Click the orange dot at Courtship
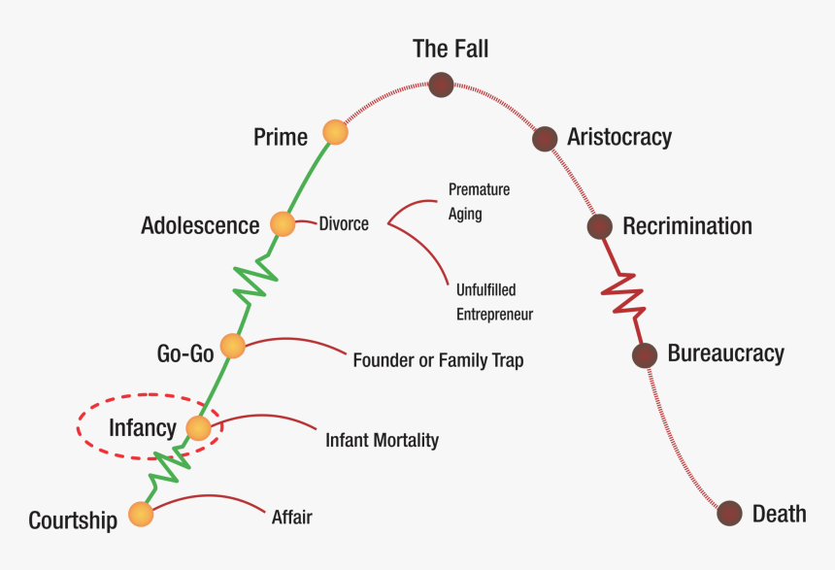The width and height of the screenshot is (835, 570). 141,515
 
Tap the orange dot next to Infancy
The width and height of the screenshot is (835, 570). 198,427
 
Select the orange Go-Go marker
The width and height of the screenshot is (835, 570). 232,346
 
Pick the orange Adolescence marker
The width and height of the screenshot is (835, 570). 282,224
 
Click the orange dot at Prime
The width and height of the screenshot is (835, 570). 335,132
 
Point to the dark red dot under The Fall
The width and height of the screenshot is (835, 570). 442,84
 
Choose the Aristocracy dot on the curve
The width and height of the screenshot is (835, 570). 545,138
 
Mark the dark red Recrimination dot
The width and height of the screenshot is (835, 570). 600,226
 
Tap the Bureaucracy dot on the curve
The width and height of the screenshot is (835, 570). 644,355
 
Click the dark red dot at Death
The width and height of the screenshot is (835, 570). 729,514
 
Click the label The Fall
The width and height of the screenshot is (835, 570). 451,48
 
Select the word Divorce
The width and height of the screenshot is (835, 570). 344,224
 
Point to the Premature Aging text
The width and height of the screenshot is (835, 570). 478,201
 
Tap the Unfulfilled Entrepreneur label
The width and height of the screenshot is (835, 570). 494,302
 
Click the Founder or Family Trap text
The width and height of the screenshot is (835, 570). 438,360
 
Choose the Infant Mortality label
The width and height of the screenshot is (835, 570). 382,440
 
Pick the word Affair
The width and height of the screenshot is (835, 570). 291,517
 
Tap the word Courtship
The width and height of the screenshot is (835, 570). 73,520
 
